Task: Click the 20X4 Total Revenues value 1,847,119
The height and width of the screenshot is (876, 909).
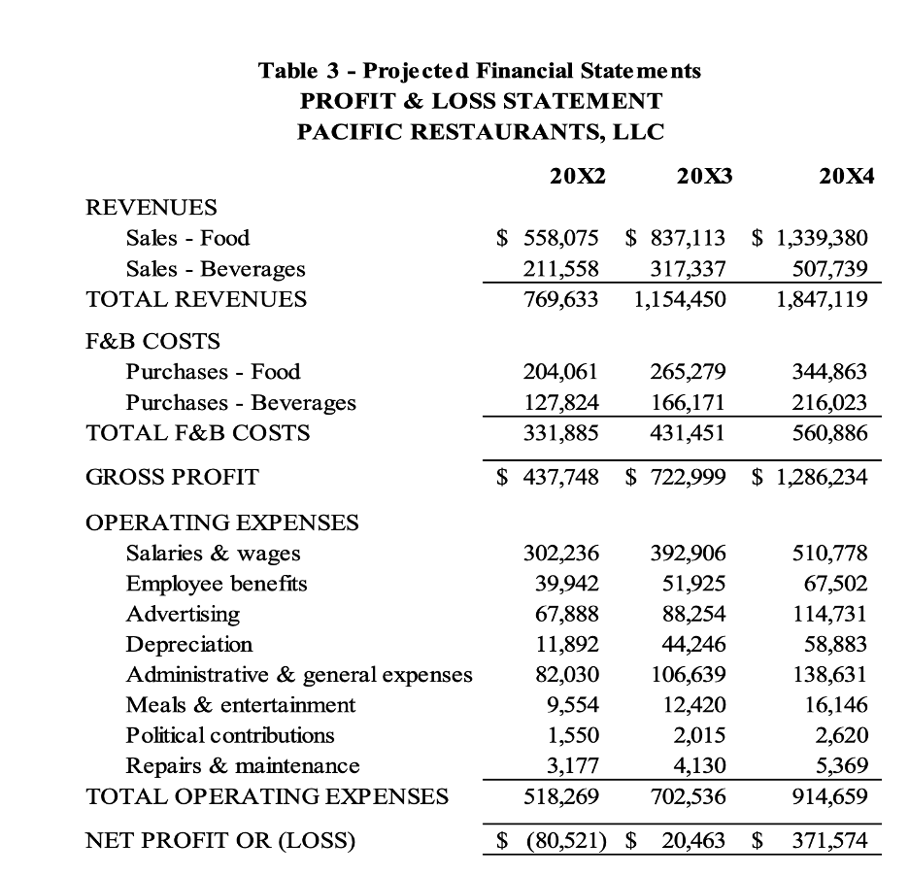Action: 822,299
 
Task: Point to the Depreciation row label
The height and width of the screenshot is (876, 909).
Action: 188,644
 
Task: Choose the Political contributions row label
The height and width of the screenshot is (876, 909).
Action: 229,735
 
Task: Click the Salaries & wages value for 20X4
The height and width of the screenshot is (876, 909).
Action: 828,554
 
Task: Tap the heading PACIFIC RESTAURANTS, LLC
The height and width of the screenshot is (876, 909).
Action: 480,132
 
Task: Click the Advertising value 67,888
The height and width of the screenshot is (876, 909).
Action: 567,614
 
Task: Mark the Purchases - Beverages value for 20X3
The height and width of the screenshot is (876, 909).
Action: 688,402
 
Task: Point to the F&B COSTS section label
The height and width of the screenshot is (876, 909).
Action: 152,341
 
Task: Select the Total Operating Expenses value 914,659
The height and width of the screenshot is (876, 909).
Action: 828,796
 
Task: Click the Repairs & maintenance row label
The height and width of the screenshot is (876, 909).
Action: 242,766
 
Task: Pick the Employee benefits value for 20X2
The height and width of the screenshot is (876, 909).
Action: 567,584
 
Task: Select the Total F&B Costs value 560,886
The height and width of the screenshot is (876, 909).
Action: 828,433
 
